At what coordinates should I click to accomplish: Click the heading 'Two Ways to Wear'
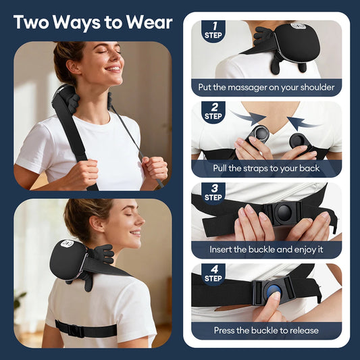(93, 22)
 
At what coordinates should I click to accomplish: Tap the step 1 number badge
(213, 31)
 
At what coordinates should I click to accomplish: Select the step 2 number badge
(213, 112)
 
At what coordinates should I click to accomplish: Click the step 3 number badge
(213, 193)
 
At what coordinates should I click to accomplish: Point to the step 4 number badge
(213, 274)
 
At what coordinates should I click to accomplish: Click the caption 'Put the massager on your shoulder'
(266, 88)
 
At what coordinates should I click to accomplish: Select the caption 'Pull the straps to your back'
(266, 169)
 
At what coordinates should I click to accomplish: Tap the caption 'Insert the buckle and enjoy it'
(266, 249)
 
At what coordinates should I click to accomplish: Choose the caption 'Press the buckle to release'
(266, 331)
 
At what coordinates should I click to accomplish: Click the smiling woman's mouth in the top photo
(114, 68)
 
